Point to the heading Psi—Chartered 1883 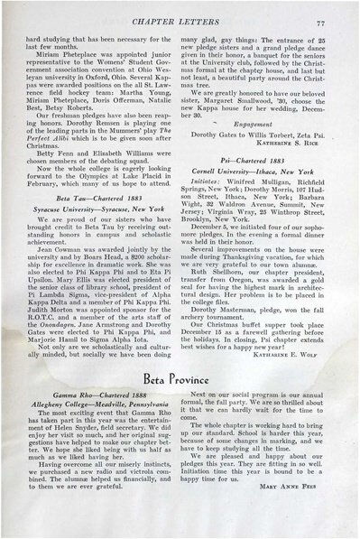tap(268, 156)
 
